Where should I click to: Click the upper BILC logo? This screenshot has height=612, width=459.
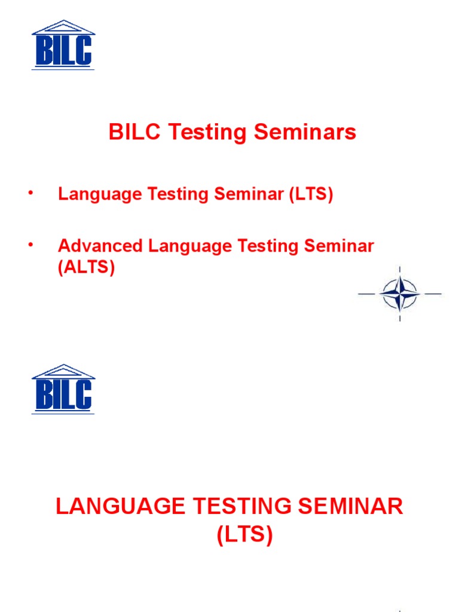pyautogui.click(x=63, y=45)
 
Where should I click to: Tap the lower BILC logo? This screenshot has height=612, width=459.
pyautogui.click(x=63, y=389)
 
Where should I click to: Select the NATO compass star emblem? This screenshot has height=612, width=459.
pyautogui.click(x=399, y=294)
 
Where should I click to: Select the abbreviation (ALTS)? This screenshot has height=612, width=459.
pyautogui.click(x=86, y=267)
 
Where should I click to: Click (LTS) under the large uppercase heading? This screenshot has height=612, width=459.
pyautogui.click(x=244, y=535)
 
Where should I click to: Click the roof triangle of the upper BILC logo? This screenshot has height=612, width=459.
pyautogui.click(x=63, y=27)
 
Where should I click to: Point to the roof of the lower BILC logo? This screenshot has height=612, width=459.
pyautogui.click(x=63, y=371)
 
